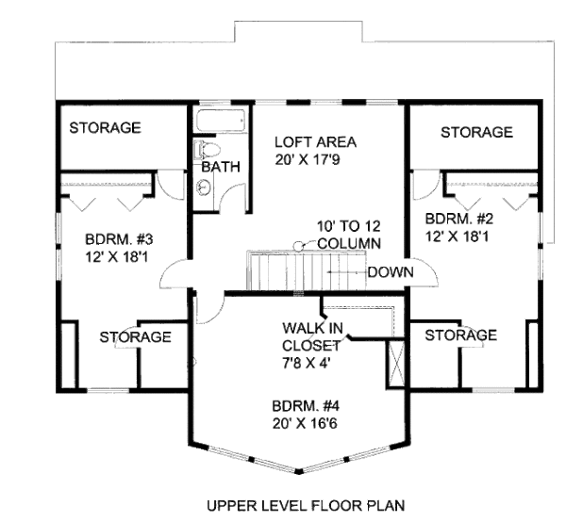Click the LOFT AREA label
click(314, 142)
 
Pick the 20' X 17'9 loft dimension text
click(314, 160)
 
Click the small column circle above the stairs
click(296, 245)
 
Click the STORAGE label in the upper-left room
click(104, 127)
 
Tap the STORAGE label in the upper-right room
click(476, 133)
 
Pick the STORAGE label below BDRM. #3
click(135, 336)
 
